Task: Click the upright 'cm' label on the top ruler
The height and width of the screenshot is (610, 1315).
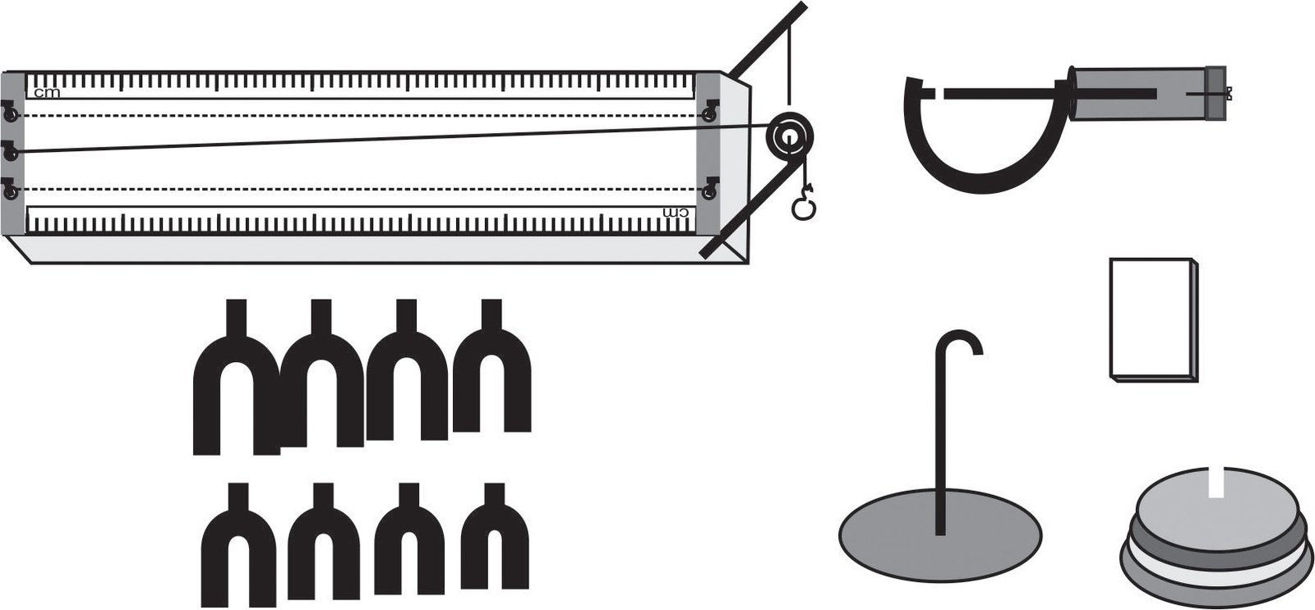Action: click(47, 93)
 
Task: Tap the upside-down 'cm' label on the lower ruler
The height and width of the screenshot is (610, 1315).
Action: click(675, 213)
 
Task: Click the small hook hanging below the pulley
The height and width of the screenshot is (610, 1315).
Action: click(803, 202)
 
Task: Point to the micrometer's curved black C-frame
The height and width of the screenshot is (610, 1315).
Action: click(986, 181)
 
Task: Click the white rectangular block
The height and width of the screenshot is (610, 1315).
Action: click(1153, 319)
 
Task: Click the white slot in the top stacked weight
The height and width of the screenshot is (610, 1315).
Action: click(1216, 482)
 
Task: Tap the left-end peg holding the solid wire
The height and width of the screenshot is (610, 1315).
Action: click(10, 151)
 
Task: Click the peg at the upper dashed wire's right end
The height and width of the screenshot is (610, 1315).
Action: click(710, 112)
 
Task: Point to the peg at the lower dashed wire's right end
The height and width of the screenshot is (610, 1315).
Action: click(710, 188)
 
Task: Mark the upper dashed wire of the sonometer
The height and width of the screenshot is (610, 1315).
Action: click(359, 115)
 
